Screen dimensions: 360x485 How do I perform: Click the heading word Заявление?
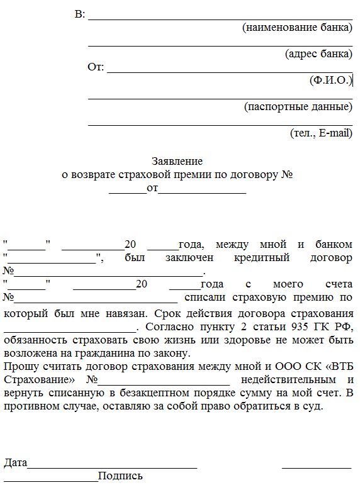(x=177, y=162)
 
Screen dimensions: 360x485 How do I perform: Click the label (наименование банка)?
(x=297, y=27)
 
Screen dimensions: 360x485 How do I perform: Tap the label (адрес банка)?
(x=318, y=53)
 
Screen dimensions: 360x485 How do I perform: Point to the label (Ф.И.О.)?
(x=330, y=80)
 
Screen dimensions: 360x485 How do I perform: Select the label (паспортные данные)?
(x=298, y=106)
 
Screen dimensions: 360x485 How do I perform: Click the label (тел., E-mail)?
(x=321, y=133)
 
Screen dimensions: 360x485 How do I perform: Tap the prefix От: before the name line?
(x=96, y=67)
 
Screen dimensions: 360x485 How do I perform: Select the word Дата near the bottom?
(x=15, y=463)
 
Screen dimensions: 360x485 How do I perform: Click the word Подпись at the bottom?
(x=121, y=476)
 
